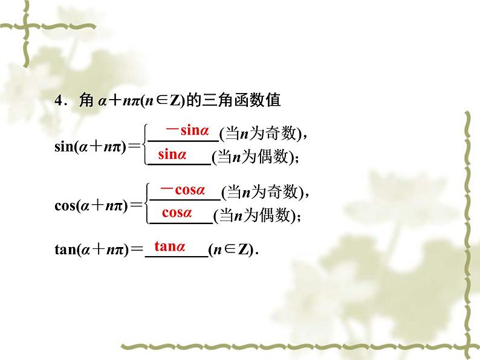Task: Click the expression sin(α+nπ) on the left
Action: [x=91, y=146]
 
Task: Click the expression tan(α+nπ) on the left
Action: [x=91, y=251]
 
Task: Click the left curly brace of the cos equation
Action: [x=146, y=203]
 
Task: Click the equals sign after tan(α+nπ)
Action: [x=136, y=251]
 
